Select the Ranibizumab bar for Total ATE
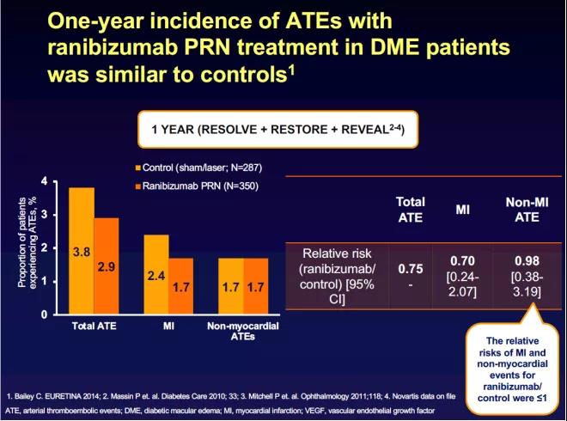click(107, 266)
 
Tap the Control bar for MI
click(155, 275)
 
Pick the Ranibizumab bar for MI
click(180, 286)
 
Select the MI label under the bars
click(168, 326)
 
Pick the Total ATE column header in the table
click(410, 209)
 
